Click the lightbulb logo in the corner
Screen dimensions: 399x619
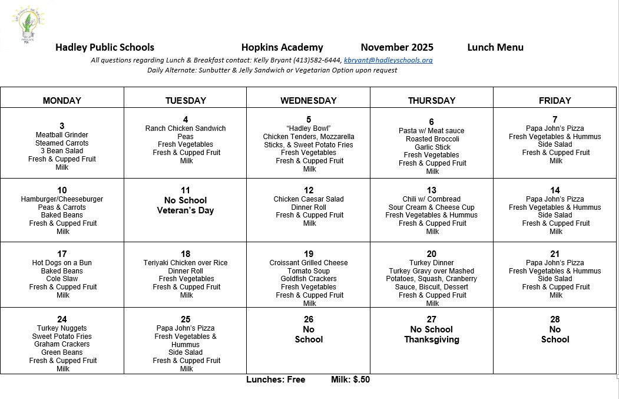point(27,24)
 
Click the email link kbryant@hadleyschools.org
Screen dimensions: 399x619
point(388,60)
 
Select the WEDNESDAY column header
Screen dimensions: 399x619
point(309,101)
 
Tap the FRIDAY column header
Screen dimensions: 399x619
point(555,101)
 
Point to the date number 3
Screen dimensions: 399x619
point(62,126)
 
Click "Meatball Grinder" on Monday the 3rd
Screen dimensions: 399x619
point(62,135)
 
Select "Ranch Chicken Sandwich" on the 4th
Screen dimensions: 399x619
point(186,128)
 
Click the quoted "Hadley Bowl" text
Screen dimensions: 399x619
point(309,128)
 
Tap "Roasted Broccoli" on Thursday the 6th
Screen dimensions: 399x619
point(432,139)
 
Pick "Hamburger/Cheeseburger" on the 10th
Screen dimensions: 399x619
point(62,199)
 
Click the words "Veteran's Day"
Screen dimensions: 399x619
point(186,210)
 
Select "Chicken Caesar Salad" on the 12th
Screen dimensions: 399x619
point(309,199)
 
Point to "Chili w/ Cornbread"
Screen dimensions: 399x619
point(432,199)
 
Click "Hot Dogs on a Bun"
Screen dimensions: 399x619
point(62,263)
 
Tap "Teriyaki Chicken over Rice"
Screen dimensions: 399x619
point(186,263)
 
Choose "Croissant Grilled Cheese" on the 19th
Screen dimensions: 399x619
point(309,263)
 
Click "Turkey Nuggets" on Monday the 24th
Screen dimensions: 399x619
point(62,328)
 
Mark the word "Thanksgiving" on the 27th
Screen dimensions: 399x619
point(432,339)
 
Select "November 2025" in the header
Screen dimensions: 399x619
point(397,48)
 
